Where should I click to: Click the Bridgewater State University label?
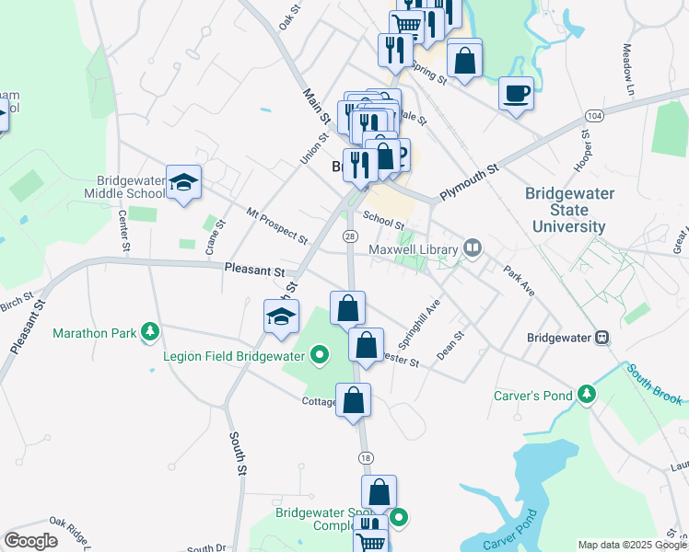pyautogui.click(x=566, y=210)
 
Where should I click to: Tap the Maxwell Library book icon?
pyautogui.click(x=473, y=247)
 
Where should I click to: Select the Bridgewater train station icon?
pyautogui.click(x=602, y=337)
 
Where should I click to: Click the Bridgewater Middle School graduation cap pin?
pyautogui.click(x=183, y=183)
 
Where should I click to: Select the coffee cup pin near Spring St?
pyautogui.click(x=516, y=93)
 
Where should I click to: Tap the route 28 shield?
pyautogui.click(x=350, y=236)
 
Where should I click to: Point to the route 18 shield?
pyautogui.click(x=366, y=457)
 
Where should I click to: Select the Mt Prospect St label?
pyautogui.click(x=276, y=226)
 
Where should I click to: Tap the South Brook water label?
pyautogui.click(x=655, y=385)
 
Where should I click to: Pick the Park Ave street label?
pyautogui.click(x=519, y=282)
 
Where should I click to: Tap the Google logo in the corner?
pyautogui.click(x=30, y=541)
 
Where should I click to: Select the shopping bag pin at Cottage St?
pyautogui.click(x=353, y=400)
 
